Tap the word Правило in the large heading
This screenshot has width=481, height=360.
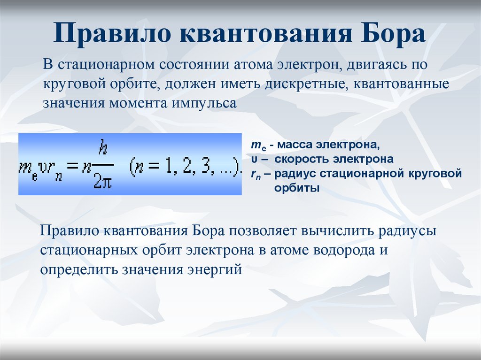pyautogui.click(x=112, y=33)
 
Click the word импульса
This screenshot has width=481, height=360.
pyautogui.click(x=204, y=103)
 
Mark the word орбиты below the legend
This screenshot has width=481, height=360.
pyautogui.click(x=297, y=188)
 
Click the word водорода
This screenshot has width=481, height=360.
pyautogui.click(x=344, y=250)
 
